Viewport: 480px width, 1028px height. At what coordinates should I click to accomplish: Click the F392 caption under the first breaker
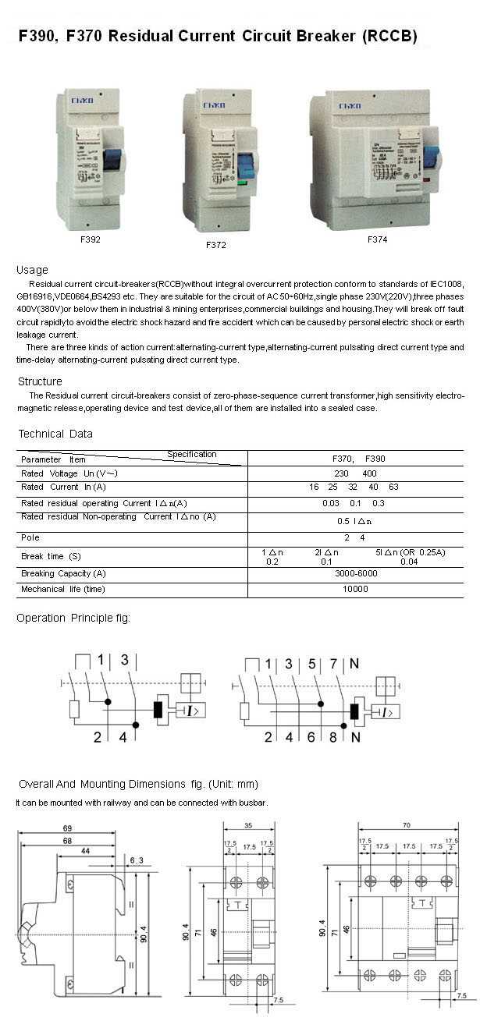coord(90,239)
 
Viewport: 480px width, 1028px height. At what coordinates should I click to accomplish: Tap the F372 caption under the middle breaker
coord(216,245)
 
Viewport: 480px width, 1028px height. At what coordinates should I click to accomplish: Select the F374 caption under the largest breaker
coord(377,239)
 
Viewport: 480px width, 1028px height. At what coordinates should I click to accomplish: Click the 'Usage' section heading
coord(32,270)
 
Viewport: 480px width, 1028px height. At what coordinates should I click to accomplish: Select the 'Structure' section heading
coord(40,381)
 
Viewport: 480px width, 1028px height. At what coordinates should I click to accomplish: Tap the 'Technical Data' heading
coord(55,434)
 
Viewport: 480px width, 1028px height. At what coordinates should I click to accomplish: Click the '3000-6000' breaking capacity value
coord(355,573)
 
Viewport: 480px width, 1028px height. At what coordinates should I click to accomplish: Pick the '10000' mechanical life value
coord(355,589)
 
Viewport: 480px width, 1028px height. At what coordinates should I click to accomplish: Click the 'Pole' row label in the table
coord(30,537)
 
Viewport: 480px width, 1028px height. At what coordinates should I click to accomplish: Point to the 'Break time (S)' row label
coord(51,556)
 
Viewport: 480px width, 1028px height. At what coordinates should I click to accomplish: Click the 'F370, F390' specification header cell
coord(355,459)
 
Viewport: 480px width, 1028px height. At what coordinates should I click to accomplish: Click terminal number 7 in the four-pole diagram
coord(333,664)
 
